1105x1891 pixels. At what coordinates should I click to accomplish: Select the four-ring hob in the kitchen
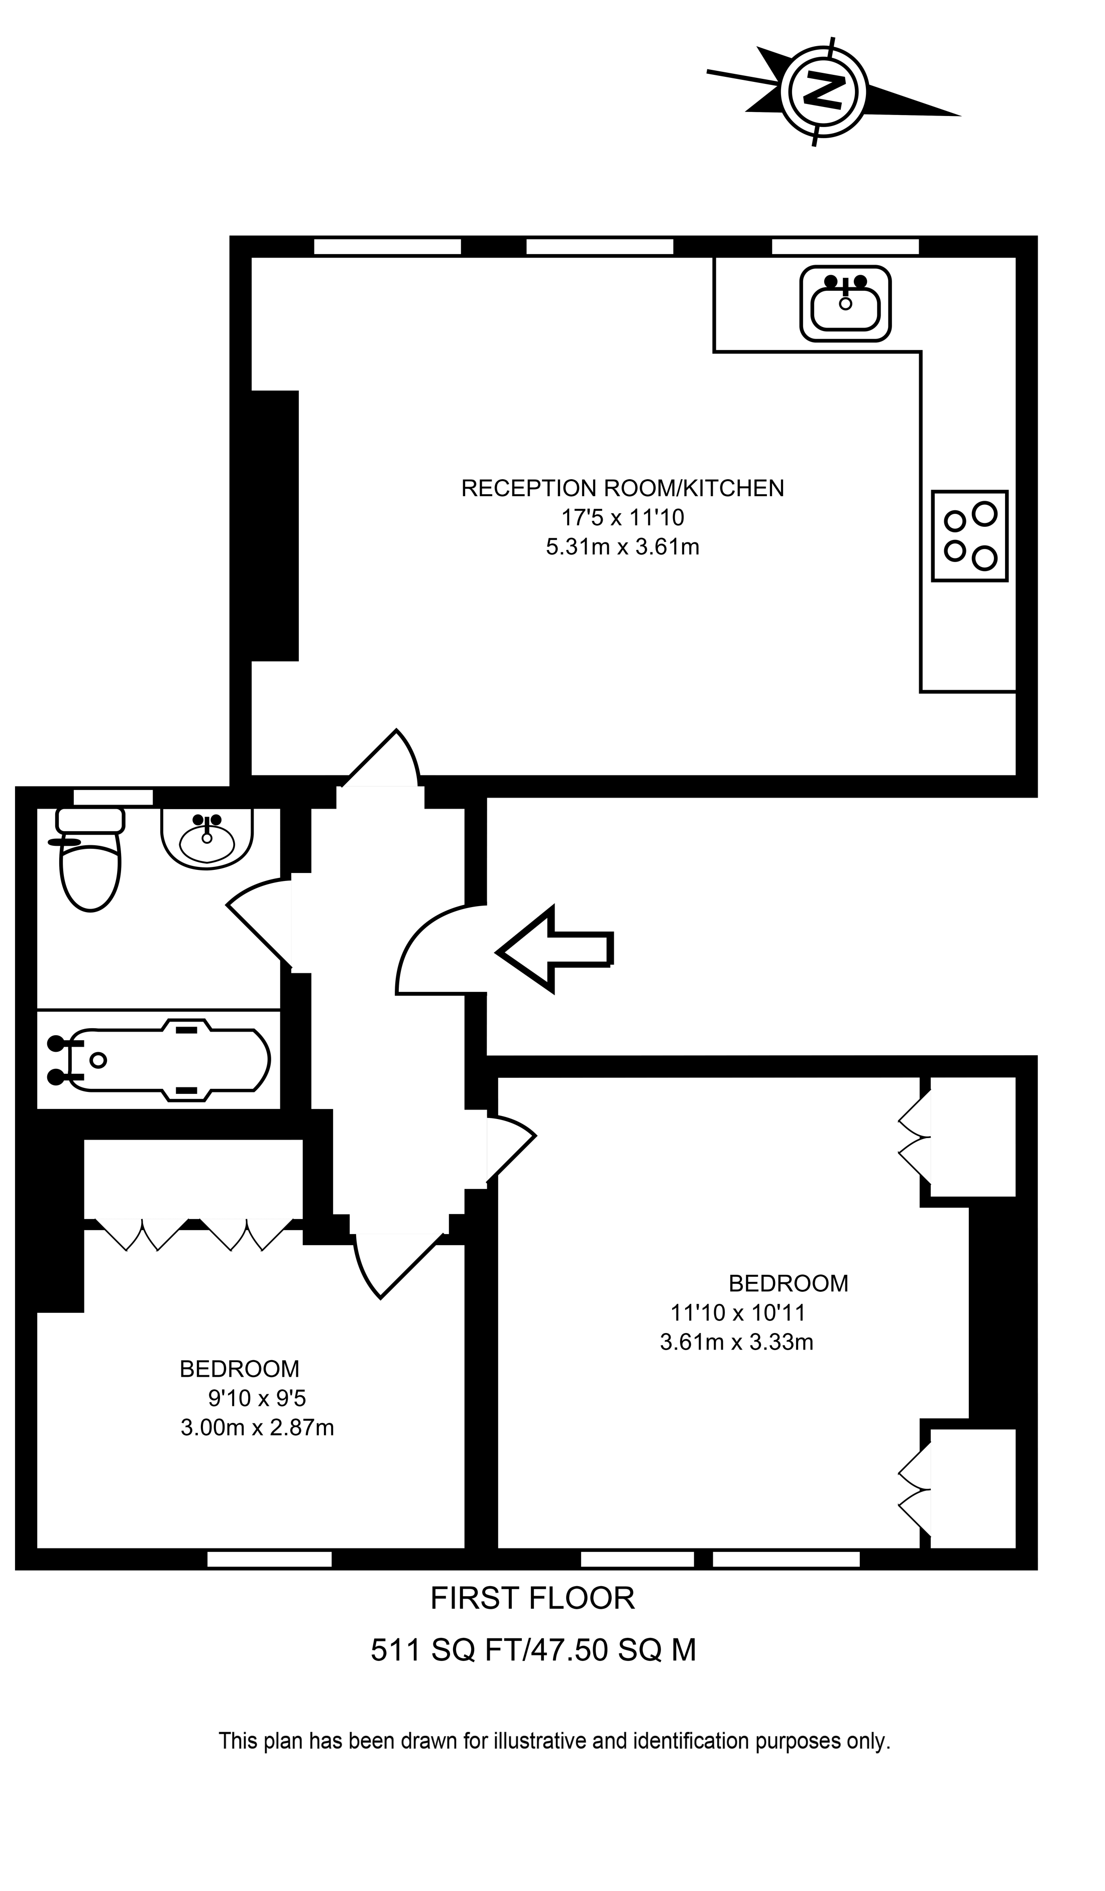pos(969,536)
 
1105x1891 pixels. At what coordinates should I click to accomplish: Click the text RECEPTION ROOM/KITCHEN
pos(622,489)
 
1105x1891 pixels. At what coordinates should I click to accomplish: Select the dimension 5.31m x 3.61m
pos(622,547)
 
